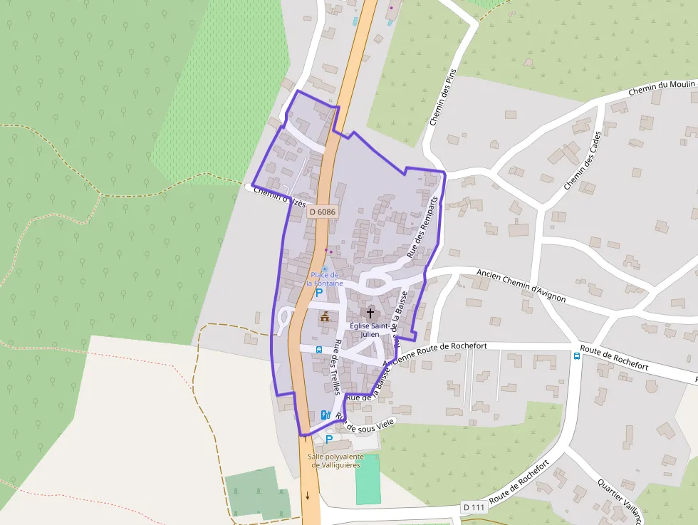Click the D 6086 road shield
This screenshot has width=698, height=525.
point(323,212)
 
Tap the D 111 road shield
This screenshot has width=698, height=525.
point(474,507)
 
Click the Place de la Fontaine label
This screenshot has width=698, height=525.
point(325,279)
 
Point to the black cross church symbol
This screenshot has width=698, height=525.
point(370,313)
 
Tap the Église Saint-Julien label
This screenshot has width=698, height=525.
point(370,330)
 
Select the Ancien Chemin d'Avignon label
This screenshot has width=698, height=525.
point(521,285)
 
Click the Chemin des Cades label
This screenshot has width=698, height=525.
point(583,160)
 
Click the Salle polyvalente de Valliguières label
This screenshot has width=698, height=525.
point(336,461)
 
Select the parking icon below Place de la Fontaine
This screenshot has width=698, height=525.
point(319,292)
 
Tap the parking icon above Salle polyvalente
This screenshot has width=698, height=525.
point(329,440)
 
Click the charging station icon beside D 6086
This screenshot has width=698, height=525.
point(325,415)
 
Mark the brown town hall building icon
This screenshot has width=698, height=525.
point(325,316)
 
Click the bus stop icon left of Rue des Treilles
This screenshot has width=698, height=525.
point(318,350)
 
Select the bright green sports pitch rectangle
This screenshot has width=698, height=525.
point(368,479)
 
